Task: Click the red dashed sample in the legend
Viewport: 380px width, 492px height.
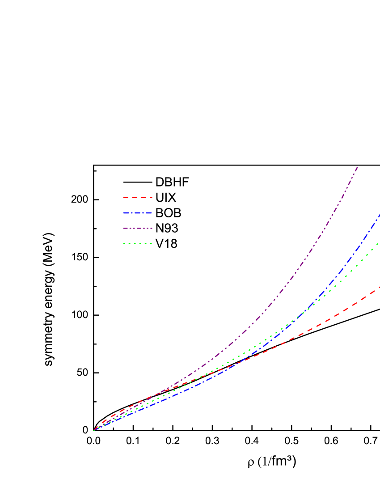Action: [x=138, y=197]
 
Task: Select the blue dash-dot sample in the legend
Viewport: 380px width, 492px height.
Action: [x=138, y=213]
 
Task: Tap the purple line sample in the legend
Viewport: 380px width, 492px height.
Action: [x=138, y=228]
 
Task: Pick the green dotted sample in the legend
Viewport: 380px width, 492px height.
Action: [x=138, y=244]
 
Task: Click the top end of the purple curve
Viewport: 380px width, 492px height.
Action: [x=358, y=167]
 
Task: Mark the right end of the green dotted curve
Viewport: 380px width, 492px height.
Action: [x=378, y=244]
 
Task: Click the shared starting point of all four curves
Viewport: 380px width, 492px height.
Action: [x=94, y=430]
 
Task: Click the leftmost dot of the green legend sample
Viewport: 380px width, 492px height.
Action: [x=124, y=244]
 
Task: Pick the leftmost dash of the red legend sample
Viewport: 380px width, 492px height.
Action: [x=126, y=197]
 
